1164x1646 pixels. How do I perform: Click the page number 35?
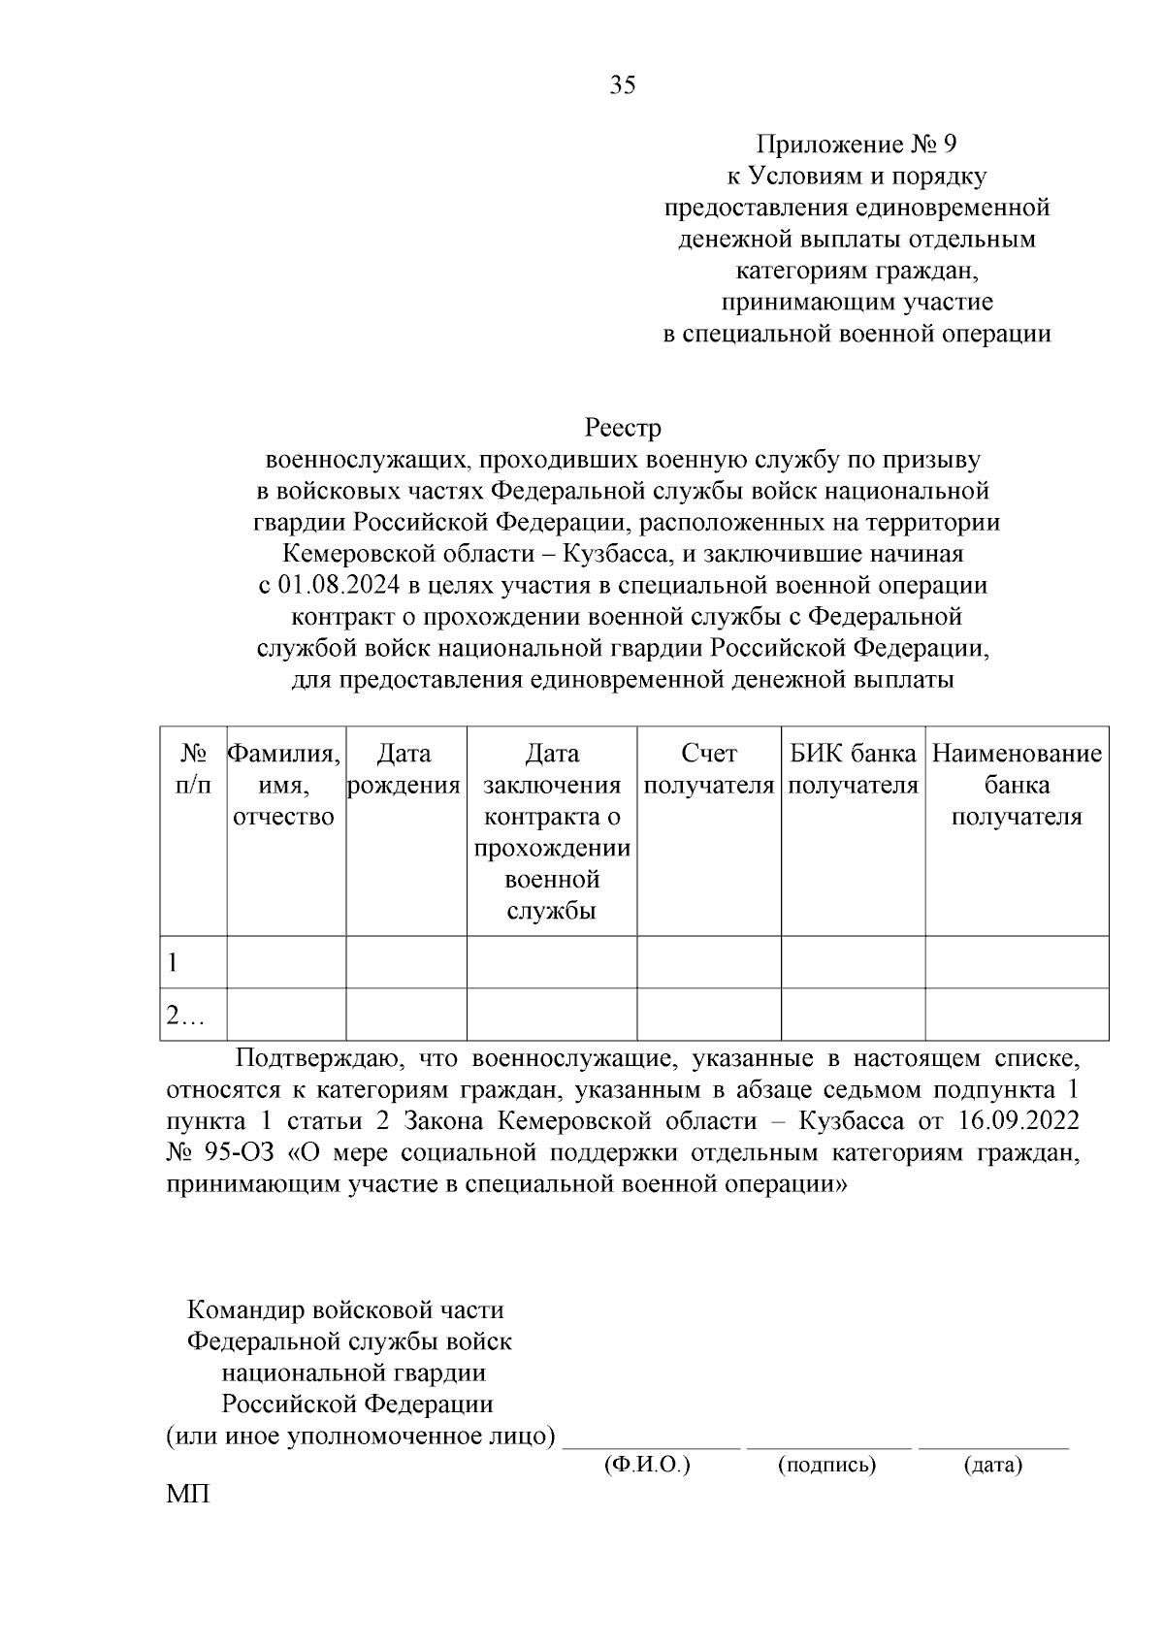[x=623, y=86]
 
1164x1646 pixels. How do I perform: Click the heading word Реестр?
[x=623, y=428]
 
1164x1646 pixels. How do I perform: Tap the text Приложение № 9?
[x=857, y=145]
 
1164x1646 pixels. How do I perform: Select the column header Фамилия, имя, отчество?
[x=284, y=785]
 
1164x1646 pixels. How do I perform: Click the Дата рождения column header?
[x=404, y=769]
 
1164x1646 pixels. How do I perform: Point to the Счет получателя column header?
[x=709, y=769]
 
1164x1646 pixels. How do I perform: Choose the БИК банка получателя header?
[x=853, y=769]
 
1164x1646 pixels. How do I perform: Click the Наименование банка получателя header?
[x=1017, y=785]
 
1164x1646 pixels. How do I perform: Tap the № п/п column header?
[x=193, y=769]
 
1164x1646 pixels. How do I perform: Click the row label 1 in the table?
[x=174, y=963]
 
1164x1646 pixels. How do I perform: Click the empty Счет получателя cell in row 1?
[x=709, y=962]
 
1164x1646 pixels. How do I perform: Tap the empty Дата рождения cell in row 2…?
[x=405, y=1015]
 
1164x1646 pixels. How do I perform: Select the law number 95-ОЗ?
[x=242, y=1153]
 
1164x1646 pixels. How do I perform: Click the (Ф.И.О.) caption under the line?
[x=646, y=1465]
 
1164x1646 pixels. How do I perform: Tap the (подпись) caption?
[x=826, y=1465]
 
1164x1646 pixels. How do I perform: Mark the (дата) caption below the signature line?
[x=992, y=1465]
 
